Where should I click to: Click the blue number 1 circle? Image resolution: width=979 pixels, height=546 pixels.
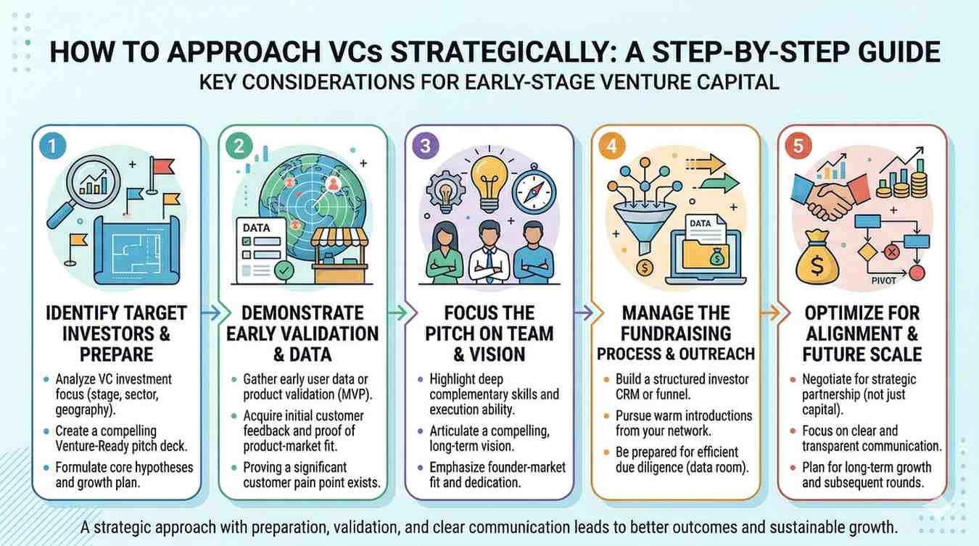(x=52, y=146)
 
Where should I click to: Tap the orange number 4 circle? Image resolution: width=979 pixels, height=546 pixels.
(x=612, y=146)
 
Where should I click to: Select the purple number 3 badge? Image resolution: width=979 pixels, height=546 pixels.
(x=425, y=146)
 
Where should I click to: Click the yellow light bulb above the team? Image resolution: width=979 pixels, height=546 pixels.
(x=489, y=183)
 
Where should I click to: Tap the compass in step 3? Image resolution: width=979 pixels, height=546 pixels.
(x=534, y=191)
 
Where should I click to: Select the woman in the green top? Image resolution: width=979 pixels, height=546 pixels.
(x=445, y=254)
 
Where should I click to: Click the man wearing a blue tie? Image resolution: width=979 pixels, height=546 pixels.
(x=489, y=252)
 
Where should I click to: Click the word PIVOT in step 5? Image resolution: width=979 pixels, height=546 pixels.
(x=884, y=281)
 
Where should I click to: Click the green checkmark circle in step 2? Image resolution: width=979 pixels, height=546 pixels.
(x=284, y=270)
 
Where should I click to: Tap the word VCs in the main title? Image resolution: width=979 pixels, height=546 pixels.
(x=355, y=52)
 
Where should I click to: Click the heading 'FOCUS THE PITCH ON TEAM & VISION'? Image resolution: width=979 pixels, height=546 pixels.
(x=489, y=334)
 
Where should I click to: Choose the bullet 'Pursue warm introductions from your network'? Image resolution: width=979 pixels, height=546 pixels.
(x=684, y=423)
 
